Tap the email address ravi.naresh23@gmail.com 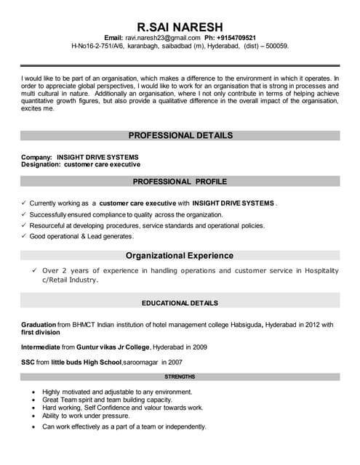pyautogui.click(x=162, y=37)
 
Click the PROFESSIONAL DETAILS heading pyautogui.click(x=180, y=135)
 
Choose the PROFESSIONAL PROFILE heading pyautogui.click(x=180, y=181)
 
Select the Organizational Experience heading pyautogui.click(x=180, y=256)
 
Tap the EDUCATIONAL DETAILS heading pyautogui.click(x=180, y=303)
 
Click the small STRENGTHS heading pyautogui.click(x=180, y=377)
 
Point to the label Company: pyautogui.click(x=36, y=157)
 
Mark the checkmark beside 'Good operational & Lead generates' pyautogui.click(x=25, y=236)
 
